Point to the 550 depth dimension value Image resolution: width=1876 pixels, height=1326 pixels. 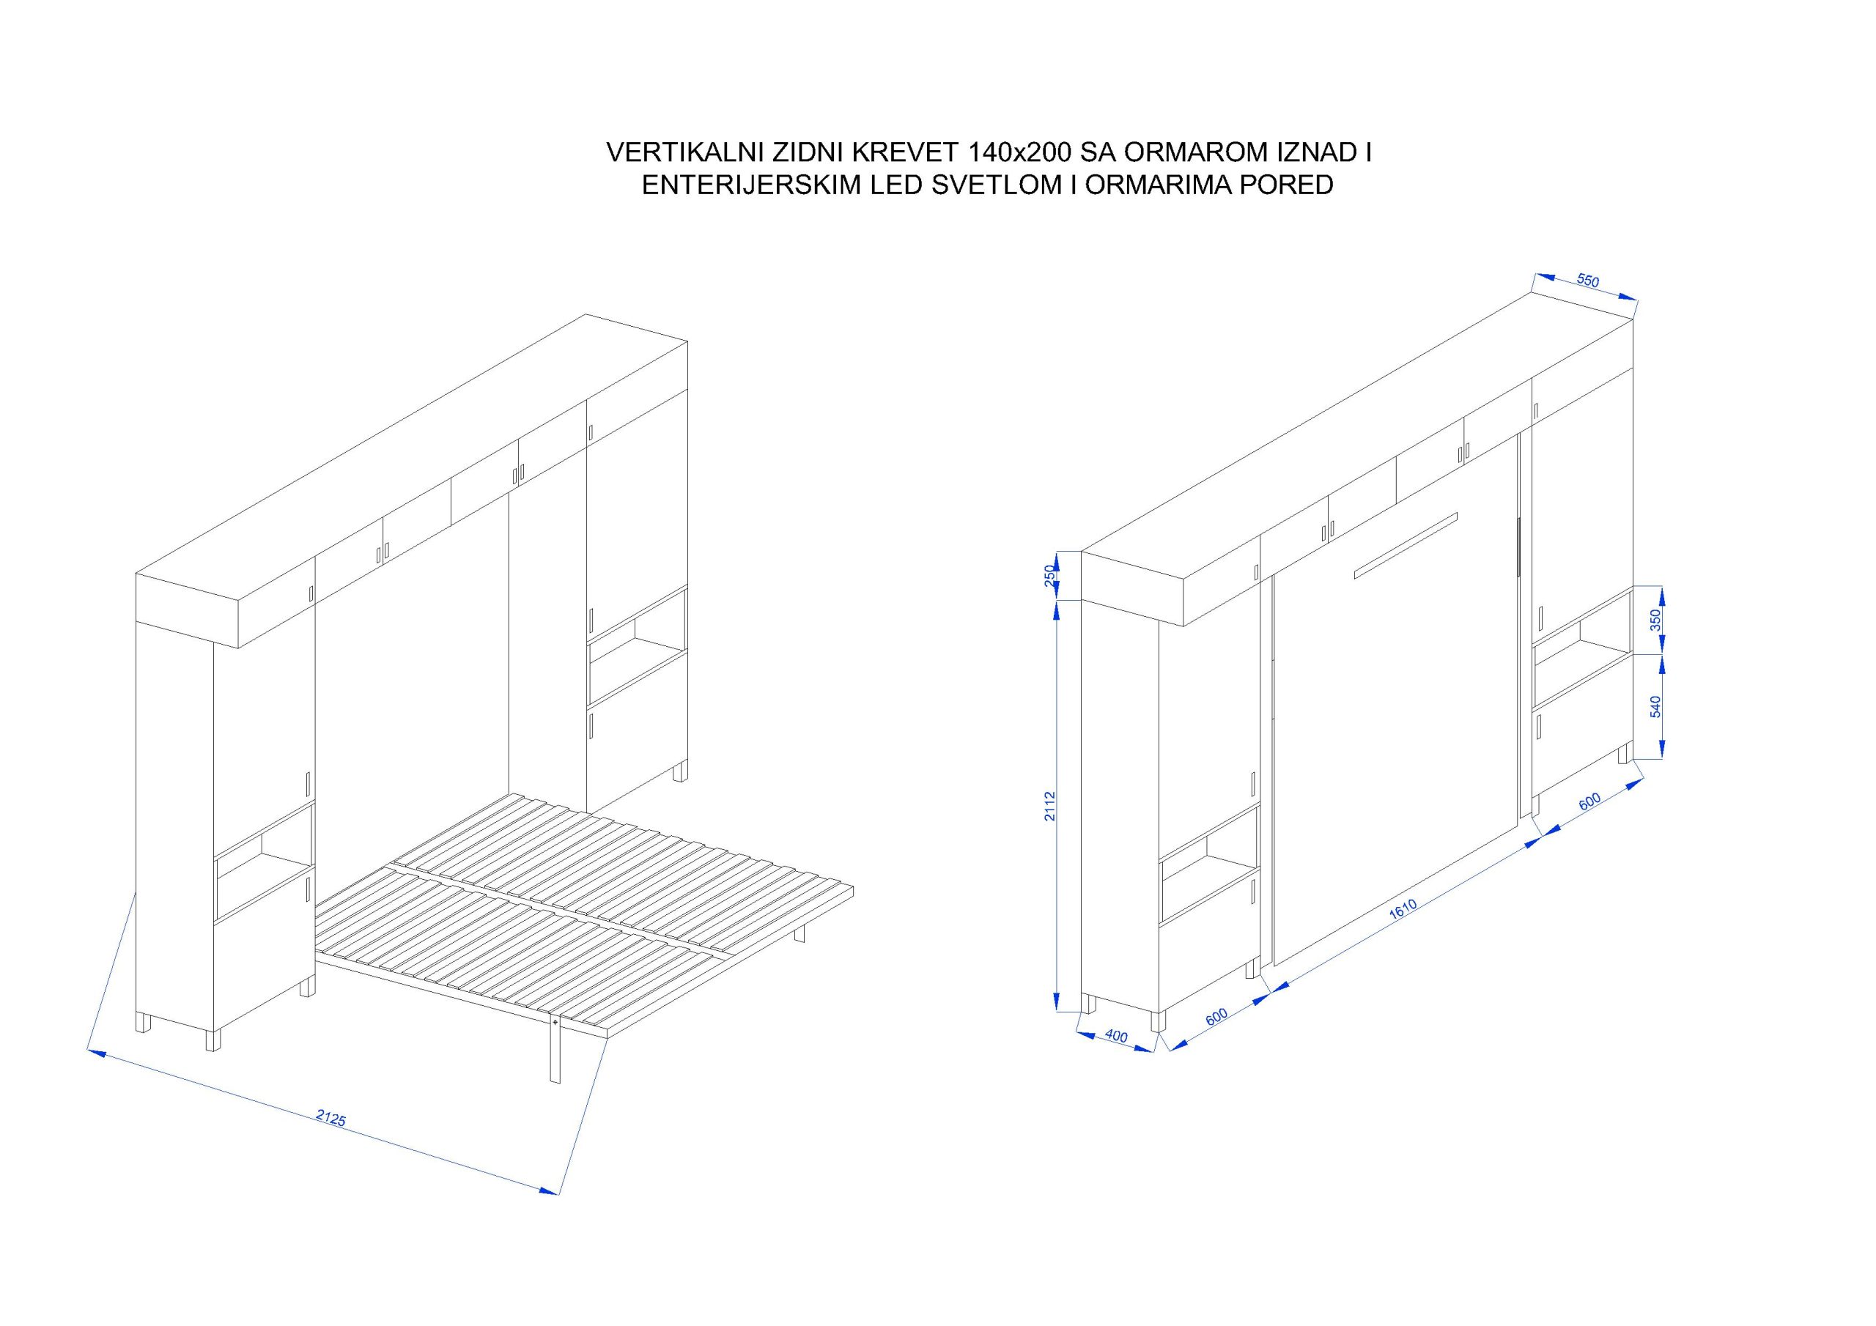[x=1587, y=281]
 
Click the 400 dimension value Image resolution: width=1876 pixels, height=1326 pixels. [x=1116, y=1037]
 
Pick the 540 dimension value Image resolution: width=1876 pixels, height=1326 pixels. [x=1656, y=707]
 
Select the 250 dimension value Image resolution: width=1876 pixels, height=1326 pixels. [x=1051, y=575]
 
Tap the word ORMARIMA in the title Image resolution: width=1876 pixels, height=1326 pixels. [x=1159, y=185]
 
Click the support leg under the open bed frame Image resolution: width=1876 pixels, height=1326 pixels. [x=555, y=1051]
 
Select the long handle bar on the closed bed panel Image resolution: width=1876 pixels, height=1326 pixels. [x=1406, y=546]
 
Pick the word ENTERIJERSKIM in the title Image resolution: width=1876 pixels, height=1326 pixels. [x=751, y=185]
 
